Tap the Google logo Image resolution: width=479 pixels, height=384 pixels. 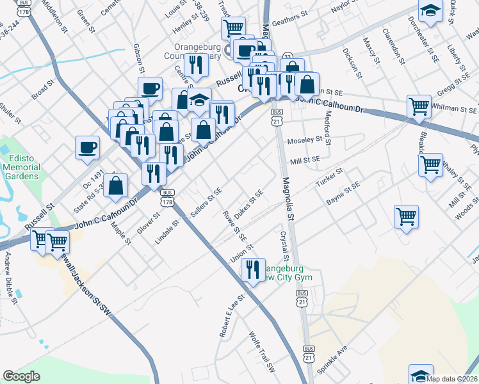point(22,376)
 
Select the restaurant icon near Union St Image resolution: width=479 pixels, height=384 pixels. point(253,269)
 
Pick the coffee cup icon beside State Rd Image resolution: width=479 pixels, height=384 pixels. point(87,147)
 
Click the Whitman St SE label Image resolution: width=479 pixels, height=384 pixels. point(455,109)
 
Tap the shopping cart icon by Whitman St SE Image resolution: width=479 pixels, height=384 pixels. point(419,106)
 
